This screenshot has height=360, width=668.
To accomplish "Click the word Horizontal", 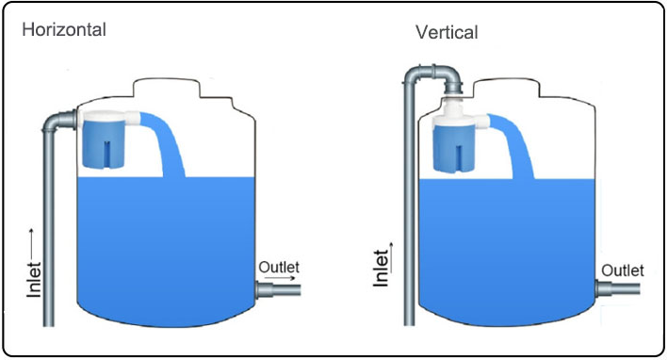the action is [64, 30].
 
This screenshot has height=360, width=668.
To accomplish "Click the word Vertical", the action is [447, 32].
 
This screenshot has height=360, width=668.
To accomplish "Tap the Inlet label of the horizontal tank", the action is [34, 280].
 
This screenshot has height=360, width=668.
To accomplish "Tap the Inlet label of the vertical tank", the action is [381, 269].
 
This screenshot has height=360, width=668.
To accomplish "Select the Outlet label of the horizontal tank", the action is [279, 267].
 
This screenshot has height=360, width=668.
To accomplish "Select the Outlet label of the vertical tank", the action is [623, 270].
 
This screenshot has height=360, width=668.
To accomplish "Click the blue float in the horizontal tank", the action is [103, 143].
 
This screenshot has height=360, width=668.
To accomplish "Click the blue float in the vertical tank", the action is [454, 149].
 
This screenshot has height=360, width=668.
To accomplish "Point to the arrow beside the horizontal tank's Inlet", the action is [31, 244].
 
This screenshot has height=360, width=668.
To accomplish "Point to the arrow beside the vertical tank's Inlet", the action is [391, 258].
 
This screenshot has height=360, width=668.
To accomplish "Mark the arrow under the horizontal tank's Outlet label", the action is [285, 279].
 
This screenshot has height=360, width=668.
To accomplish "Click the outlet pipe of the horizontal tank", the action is [278, 289].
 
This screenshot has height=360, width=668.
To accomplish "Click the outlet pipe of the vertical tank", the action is [618, 288].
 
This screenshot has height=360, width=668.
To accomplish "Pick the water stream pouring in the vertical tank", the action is [516, 142].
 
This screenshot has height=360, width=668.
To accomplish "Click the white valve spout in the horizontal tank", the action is [133, 117].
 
